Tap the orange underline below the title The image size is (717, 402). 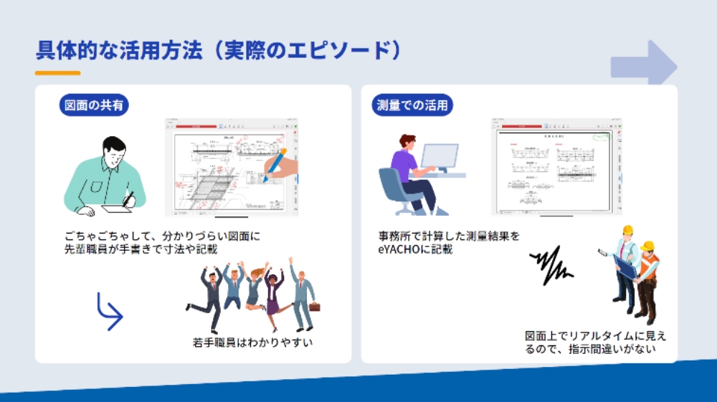(57, 73)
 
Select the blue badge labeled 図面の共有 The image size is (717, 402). (93, 105)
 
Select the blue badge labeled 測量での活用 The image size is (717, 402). (413, 105)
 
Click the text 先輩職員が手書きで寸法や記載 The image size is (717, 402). (141, 249)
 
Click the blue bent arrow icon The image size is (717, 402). (109, 311)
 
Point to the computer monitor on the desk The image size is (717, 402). (439, 157)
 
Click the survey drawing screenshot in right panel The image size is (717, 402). (555, 166)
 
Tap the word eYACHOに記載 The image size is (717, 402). (415, 249)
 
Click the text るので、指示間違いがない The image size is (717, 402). (591, 349)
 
